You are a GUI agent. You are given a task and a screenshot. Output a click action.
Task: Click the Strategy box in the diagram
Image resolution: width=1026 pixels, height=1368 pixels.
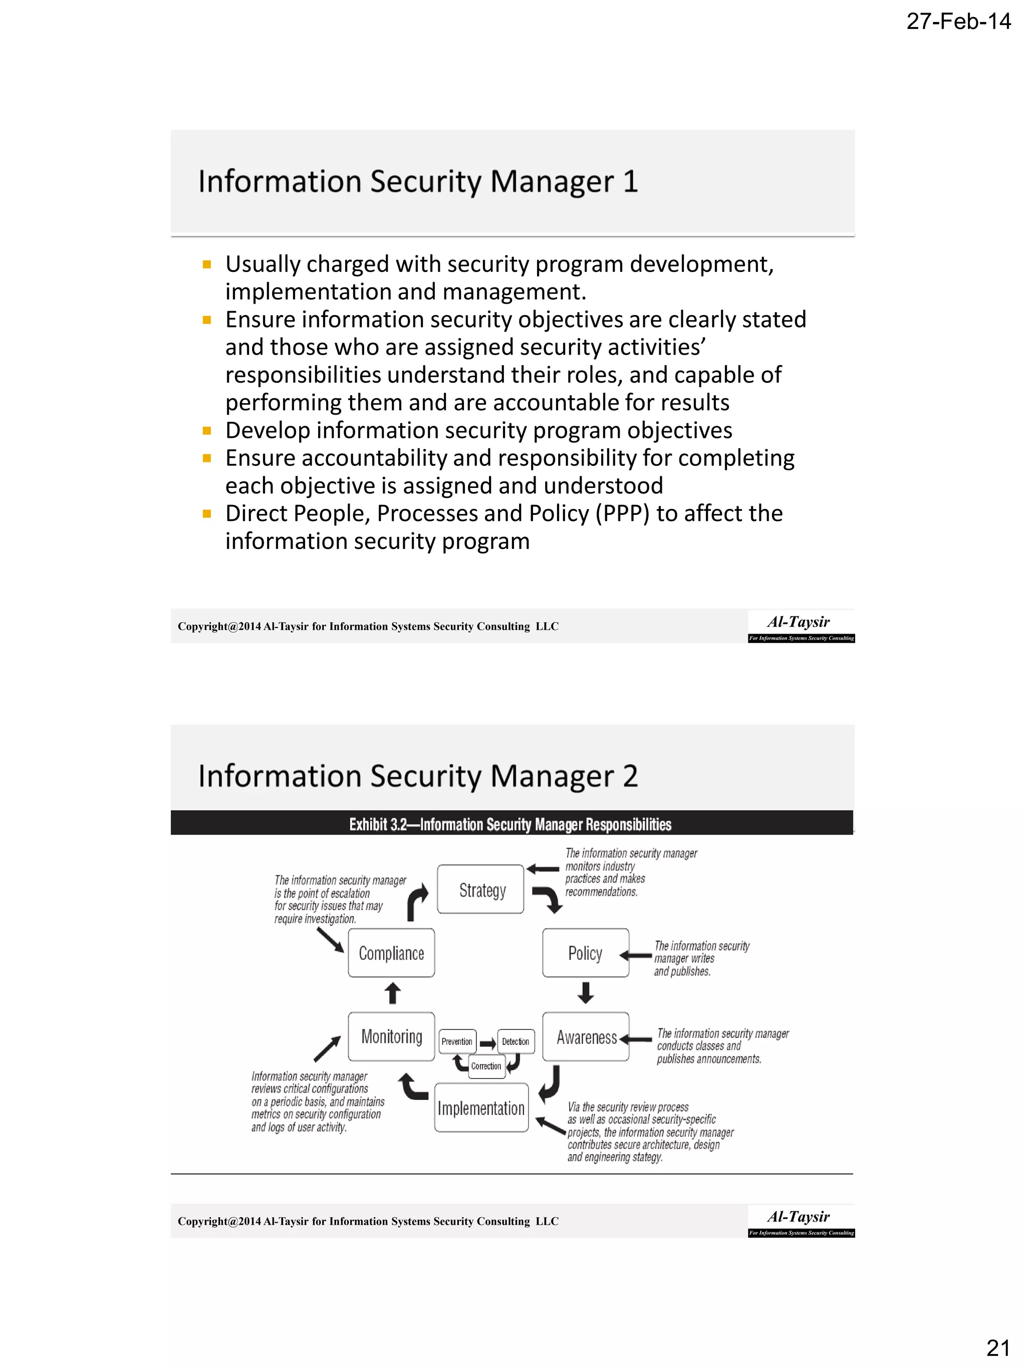tap(480, 889)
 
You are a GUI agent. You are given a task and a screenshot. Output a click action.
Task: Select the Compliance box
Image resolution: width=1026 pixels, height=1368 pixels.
tap(391, 953)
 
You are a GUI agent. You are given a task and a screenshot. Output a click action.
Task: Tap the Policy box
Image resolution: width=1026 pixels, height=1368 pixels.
tap(585, 953)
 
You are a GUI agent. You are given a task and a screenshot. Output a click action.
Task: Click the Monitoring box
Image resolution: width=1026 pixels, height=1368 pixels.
tap(391, 1036)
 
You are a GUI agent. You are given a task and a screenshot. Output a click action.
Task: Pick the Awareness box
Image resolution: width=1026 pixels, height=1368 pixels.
tap(585, 1037)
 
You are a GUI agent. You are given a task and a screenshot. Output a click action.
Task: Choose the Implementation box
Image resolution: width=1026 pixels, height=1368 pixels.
tap(480, 1108)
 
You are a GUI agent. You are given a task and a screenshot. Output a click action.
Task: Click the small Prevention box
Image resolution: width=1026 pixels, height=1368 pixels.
tap(457, 1041)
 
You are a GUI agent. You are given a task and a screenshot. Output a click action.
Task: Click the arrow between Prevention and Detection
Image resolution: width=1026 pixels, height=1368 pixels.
tap(487, 1043)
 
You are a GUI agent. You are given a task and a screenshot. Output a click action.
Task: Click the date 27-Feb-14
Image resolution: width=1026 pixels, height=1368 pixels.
tap(958, 22)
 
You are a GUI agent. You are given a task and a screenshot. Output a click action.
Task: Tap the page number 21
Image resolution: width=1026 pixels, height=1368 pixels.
tap(997, 1347)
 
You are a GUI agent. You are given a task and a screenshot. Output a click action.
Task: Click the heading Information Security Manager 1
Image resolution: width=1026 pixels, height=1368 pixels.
tap(417, 182)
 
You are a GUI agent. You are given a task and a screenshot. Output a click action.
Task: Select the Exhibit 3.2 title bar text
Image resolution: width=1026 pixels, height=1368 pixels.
tap(509, 825)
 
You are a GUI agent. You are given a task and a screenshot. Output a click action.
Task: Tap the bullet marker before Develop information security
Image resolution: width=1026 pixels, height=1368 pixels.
tap(207, 430)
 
